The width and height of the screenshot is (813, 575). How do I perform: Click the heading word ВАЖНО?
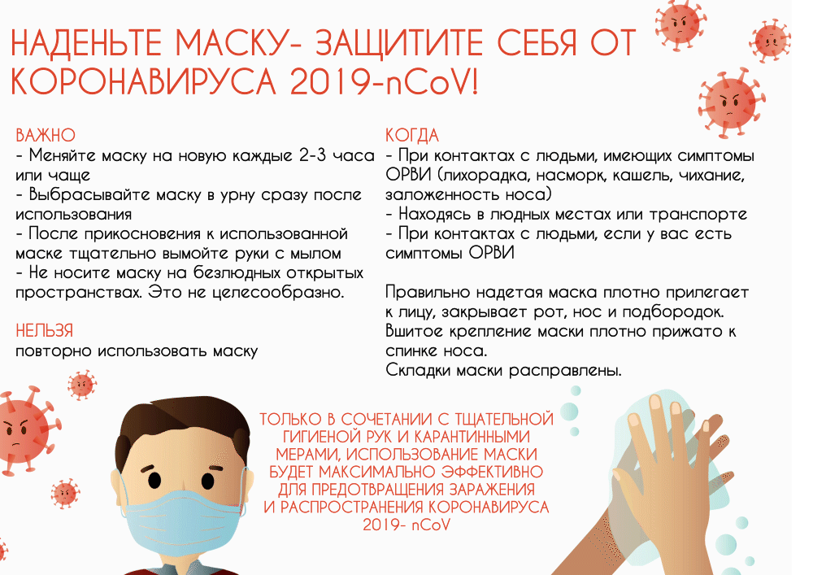[46, 135]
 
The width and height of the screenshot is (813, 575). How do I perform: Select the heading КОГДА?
[412, 135]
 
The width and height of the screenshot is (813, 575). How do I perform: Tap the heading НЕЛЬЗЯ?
[45, 331]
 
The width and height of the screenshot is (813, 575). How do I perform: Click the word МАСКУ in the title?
[233, 42]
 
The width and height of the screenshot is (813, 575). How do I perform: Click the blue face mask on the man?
[183, 523]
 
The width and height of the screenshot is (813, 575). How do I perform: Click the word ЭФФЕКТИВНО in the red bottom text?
[492, 472]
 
